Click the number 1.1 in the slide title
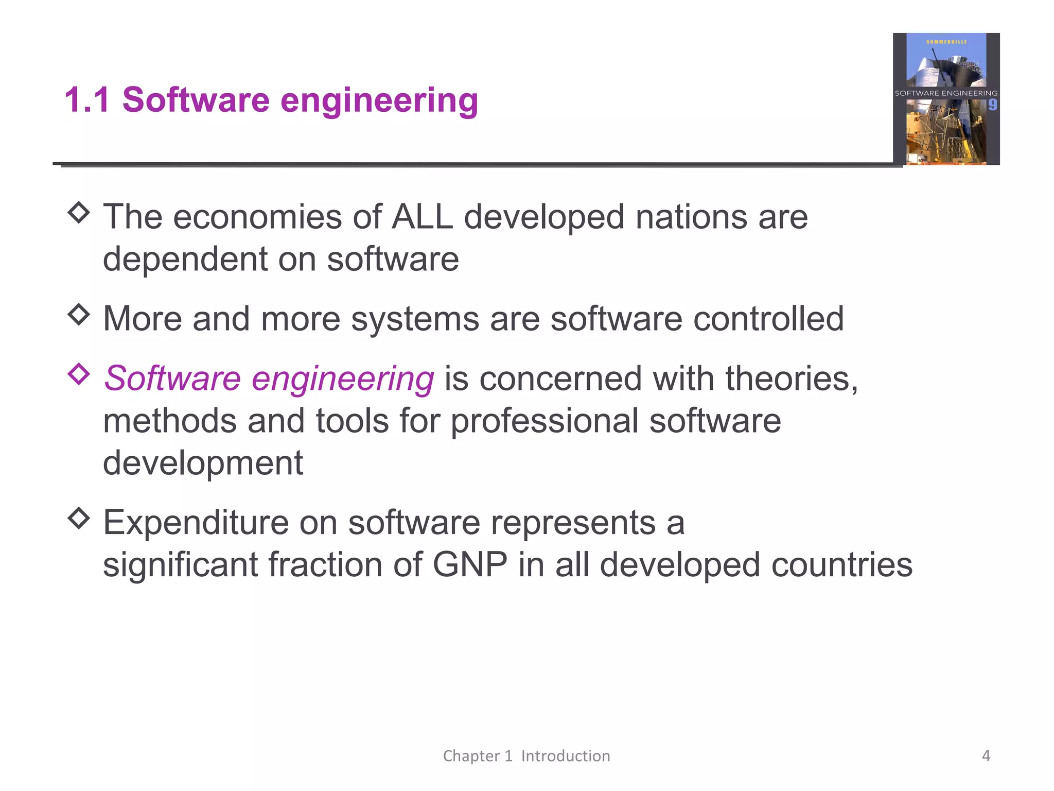click(x=87, y=99)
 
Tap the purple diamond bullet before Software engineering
click(x=79, y=374)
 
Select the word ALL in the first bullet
click(x=422, y=217)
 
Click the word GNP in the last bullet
click(x=470, y=565)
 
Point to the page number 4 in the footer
click(x=986, y=755)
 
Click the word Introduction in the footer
click(x=565, y=756)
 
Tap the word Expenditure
click(x=196, y=523)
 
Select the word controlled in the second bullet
click(x=768, y=319)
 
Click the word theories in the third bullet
click(x=792, y=379)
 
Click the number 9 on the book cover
click(x=992, y=106)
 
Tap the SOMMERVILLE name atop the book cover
click(x=946, y=42)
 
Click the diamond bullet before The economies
click(x=79, y=213)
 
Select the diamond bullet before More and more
click(x=79, y=315)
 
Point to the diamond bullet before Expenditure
click(x=79, y=519)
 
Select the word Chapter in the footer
click(x=471, y=756)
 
